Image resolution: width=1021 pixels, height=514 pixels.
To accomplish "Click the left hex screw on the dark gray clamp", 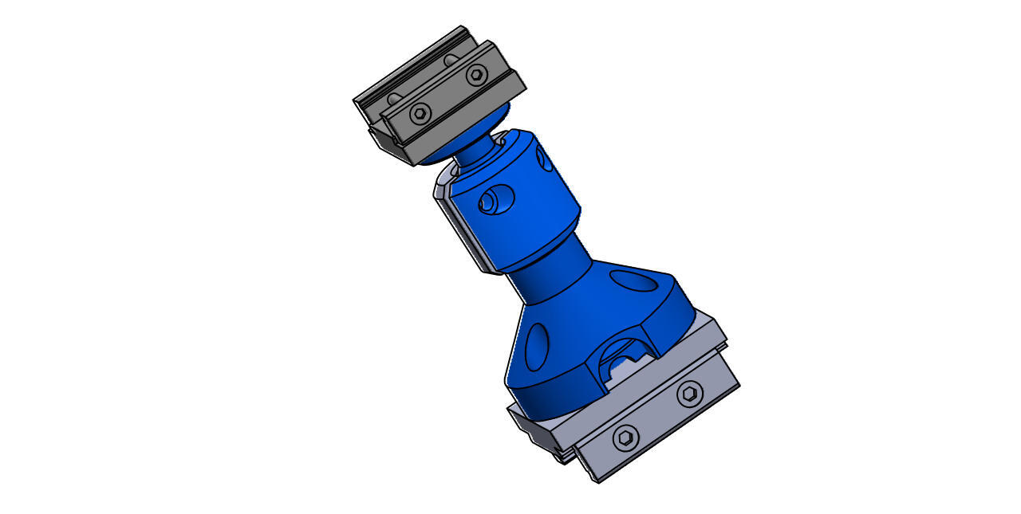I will point(420,113).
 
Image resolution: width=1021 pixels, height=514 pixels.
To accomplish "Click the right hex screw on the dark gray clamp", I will point(476,75).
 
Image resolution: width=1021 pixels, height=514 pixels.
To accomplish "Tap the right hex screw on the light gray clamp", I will point(690,393).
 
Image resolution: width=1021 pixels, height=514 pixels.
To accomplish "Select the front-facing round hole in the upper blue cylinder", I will point(495,199).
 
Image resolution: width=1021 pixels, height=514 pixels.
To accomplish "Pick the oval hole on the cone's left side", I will point(537,347).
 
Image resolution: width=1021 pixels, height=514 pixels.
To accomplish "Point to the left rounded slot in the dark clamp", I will point(394,99).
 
